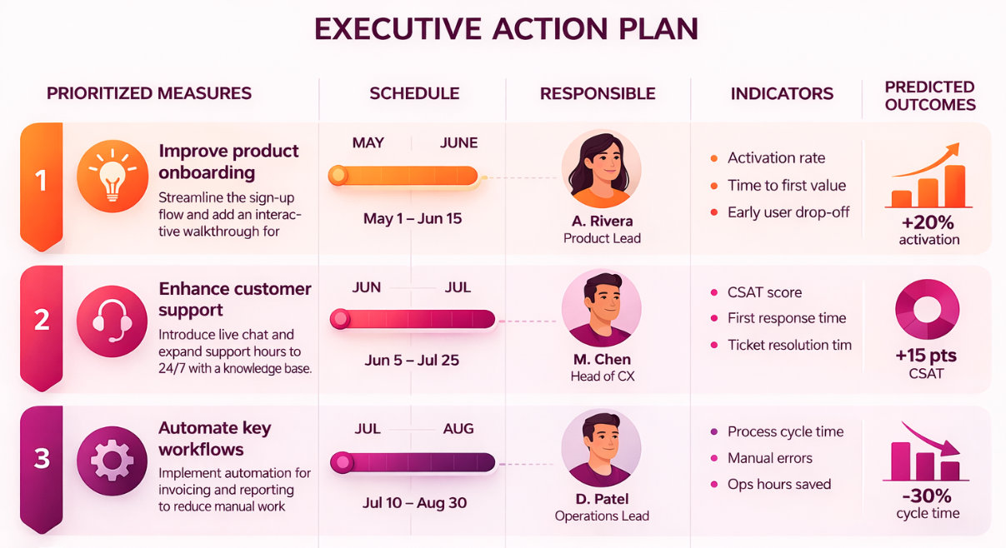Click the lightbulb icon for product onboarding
(112, 176)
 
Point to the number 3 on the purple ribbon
(42, 458)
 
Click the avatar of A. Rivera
(601, 169)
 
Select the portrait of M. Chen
(601, 308)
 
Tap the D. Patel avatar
(601, 447)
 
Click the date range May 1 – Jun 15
(413, 219)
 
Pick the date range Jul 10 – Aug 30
(415, 503)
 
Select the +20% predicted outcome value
(928, 222)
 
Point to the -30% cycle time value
(927, 496)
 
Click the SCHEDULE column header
(414, 94)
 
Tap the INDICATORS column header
(782, 94)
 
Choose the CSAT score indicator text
(764, 292)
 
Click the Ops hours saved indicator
(778, 484)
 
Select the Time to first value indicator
(786, 185)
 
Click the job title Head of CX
(602, 376)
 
